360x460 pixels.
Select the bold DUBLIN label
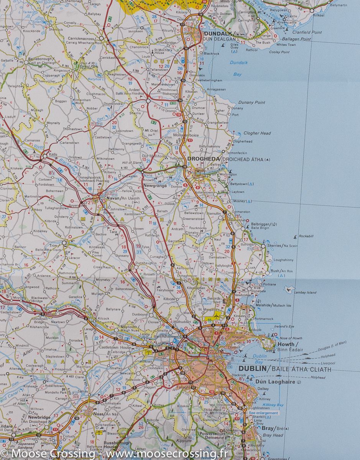coord(253,369)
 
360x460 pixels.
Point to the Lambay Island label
coord(305,292)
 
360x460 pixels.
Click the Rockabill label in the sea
coord(306,236)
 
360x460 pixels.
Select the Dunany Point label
coord(252,102)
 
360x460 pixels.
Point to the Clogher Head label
coord(257,133)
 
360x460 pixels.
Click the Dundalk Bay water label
coord(238,68)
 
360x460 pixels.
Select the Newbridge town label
coord(30,417)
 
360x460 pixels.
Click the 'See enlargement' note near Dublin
coord(263,413)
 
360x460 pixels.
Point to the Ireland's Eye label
coord(284,326)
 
